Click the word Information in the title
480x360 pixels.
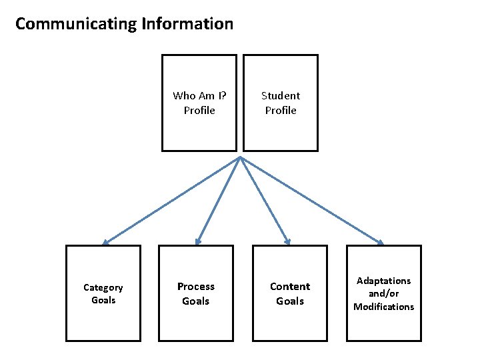(187, 25)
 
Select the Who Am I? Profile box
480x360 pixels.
(199, 103)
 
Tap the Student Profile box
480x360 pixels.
(281, 103)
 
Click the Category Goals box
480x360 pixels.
(103, 293)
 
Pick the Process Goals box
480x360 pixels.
(196, 293)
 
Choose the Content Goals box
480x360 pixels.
(290, 293)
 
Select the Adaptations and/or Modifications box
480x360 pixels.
(384, 293)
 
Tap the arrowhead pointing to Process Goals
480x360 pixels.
(197, 241)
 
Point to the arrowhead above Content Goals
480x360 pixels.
(287, 241)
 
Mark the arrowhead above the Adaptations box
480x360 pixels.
(380, 241)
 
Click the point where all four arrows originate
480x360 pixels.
(240, 158)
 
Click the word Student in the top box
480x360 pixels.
(281, 96)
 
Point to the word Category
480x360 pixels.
(103, 287)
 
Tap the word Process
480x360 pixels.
(196, 287)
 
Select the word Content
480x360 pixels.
(290, 287)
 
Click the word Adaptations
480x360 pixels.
(384, 281)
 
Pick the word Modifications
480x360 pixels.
(384, 307)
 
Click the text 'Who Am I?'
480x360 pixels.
(199, 96)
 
